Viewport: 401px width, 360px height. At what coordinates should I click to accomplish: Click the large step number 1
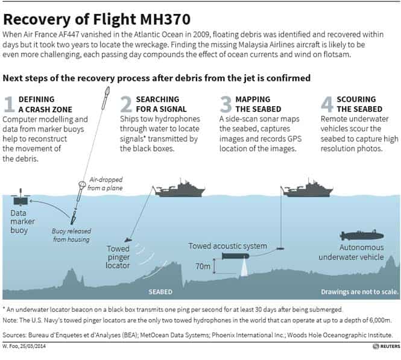[10, 104]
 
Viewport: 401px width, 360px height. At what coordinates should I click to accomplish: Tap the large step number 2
[127, 104]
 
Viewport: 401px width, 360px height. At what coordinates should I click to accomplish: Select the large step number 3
[226, 104]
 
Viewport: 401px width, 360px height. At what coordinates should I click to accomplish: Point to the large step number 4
[327, 104]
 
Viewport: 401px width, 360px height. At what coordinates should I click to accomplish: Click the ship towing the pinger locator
[180, 189]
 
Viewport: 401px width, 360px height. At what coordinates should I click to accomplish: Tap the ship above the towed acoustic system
[308, 189]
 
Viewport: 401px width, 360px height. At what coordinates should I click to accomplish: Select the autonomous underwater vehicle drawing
[362, 235]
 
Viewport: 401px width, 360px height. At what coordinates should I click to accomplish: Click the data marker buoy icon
[21, 198]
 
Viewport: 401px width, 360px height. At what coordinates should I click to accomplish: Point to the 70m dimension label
[203, 267]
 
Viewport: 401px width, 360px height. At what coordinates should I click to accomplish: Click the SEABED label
[160, 292]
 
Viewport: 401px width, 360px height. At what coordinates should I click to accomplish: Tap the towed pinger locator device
[128, 240]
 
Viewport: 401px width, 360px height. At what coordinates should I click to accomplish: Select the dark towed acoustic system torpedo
[236, 256]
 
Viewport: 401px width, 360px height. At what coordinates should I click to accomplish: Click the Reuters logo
[386, 346]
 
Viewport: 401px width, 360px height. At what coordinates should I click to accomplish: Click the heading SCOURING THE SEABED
[359, 104]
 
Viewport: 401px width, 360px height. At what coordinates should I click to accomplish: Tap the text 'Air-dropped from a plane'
[105, 184]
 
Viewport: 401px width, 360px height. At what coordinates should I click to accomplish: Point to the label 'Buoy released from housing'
[71, 235]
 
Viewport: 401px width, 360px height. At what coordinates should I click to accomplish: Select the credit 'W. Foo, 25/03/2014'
[24, 346]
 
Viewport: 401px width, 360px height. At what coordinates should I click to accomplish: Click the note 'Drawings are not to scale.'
[359, 292]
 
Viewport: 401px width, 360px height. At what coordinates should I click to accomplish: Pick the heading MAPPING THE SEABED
[258, 104]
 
